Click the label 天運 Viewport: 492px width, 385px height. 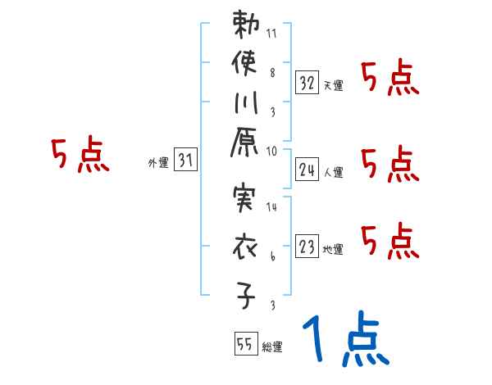(x=334, y=85)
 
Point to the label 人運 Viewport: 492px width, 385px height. (x=334, y=172)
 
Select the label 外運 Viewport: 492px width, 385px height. (x=158, y=163)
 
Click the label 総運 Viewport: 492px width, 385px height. (x=272, y=347)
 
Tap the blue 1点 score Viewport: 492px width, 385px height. (x=344, y=342)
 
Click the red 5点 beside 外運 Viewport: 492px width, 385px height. (x=80, y=156)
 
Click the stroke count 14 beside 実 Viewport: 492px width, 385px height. (x=272, y=208)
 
